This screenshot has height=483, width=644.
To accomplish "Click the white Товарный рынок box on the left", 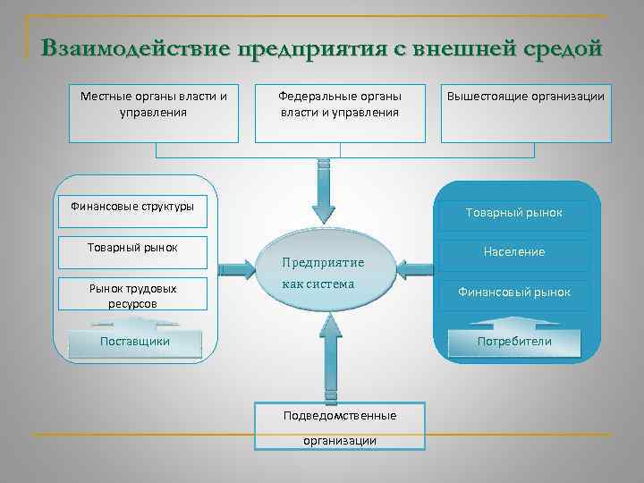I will [x=132, y=251].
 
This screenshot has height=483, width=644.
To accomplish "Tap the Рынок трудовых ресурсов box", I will [x=132, y=295].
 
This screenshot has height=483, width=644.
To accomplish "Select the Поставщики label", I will [x=135, y=341].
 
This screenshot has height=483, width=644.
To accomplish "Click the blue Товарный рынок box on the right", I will [x=513, y=213].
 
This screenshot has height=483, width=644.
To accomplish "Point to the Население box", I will [x=513, y=252].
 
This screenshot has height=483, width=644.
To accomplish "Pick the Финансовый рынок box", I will [x=513, y=292].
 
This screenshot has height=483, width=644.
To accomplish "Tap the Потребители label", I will [x=513, y=342].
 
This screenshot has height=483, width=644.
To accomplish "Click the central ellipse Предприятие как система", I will [x=323, y=273].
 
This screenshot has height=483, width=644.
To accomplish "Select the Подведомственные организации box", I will [x=340, y=427].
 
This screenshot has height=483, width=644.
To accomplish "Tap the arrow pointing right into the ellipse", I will [x=234, y=267].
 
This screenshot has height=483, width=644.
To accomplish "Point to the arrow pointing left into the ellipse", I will [x=413, y=267].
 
